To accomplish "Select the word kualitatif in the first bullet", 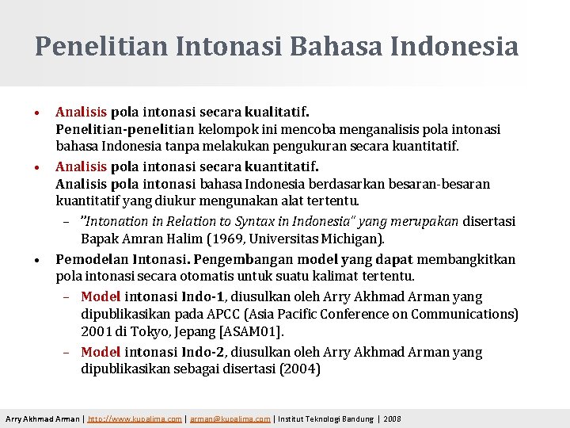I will [x=284, y=112].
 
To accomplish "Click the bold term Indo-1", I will [x=205, y=296].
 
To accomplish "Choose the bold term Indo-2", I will [x=205, y=352].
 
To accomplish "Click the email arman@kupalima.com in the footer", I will [x=230, y=418].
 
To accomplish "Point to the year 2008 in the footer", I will [x=392, y=418].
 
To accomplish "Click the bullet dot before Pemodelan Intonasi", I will [x=39, y=260].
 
